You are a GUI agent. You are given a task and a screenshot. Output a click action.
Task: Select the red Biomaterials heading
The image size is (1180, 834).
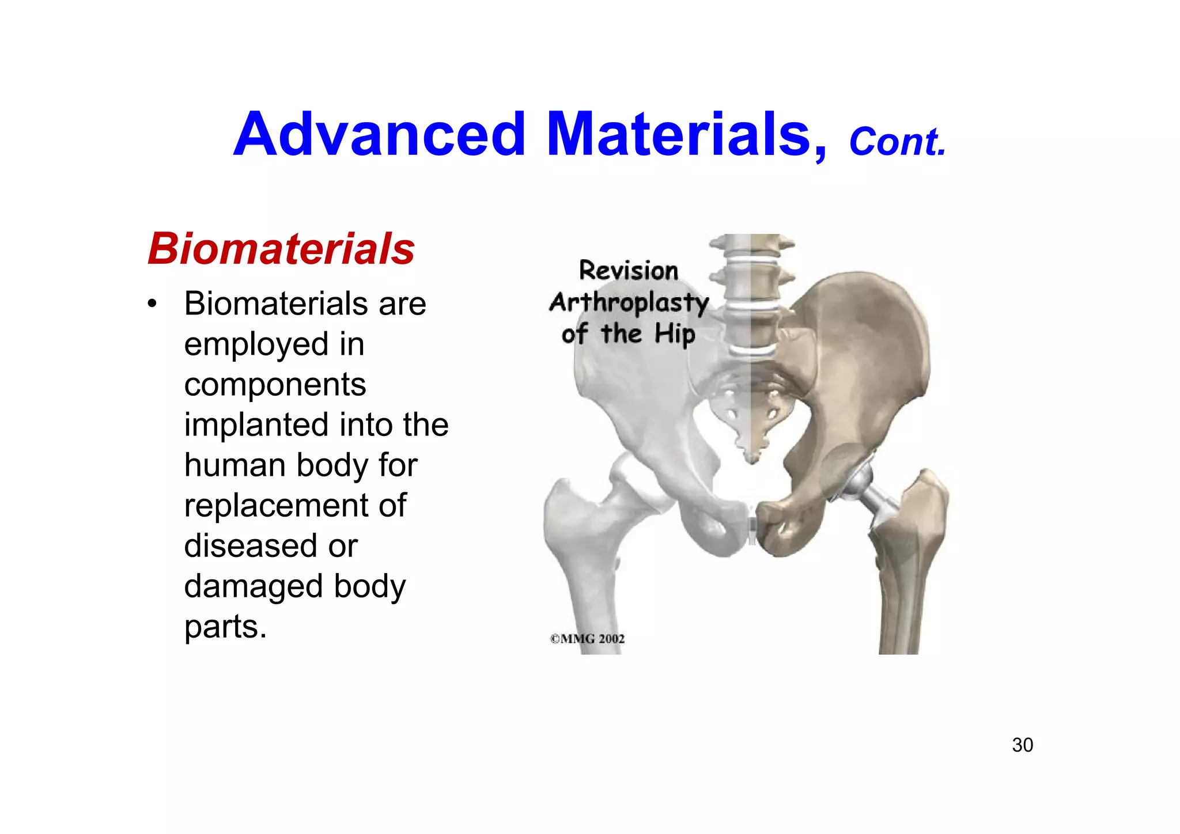pos(281,249)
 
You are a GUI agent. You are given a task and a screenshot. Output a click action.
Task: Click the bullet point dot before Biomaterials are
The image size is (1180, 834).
pos(152,304)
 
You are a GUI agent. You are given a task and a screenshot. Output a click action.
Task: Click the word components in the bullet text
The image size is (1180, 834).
pos(275,385)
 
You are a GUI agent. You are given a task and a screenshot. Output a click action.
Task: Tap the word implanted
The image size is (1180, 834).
pos(256,425)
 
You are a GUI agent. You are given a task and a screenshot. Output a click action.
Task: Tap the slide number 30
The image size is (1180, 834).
pos(1022,745)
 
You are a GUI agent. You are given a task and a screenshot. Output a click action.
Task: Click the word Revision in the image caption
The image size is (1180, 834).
pos(629,271)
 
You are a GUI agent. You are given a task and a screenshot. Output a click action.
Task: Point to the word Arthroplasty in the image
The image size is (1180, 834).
pos(629,303)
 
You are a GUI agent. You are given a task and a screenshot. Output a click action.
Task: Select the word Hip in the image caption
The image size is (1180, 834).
pos(675,335)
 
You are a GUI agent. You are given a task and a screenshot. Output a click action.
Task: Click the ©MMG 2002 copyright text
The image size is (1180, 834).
pos(587,639)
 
